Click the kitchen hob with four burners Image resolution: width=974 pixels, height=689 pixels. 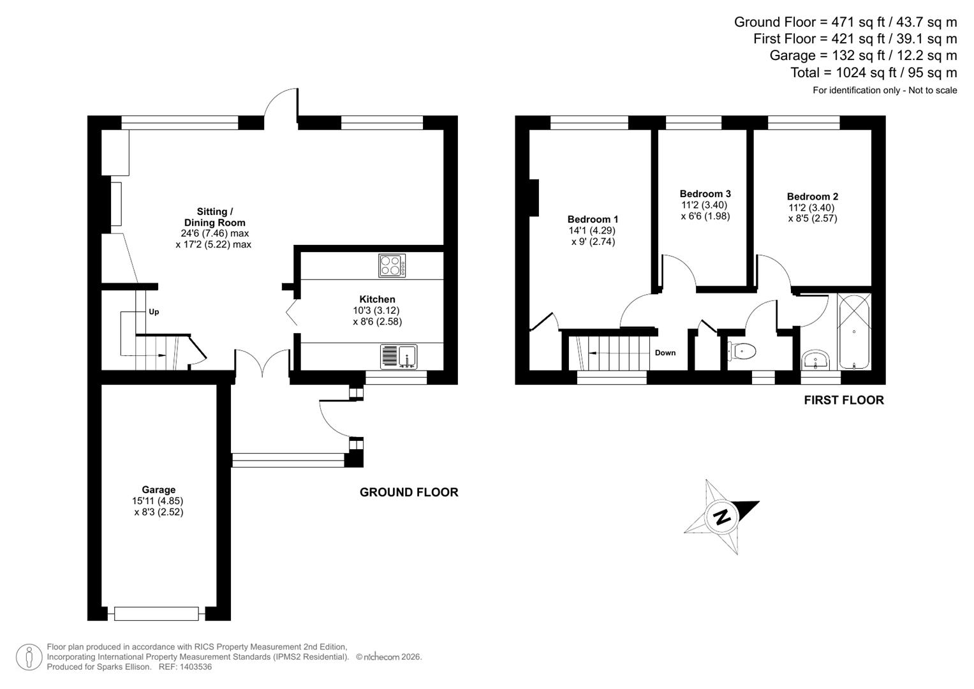pos(392,265)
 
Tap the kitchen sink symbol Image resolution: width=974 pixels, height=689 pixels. pos(399,357)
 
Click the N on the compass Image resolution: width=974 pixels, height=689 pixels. pos(722,516)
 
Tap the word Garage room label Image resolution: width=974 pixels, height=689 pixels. pos(158,490)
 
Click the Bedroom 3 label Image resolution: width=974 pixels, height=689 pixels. pos(705,194)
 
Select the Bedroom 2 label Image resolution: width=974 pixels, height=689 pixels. pos(812,197)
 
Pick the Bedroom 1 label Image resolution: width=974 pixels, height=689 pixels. pos(593,219)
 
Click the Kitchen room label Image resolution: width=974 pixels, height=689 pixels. pos(377,299)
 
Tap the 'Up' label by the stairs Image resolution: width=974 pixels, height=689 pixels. pos(154,312)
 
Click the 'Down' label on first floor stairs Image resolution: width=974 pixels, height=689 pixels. pos(665,353)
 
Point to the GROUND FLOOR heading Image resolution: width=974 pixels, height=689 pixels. pos(409,493)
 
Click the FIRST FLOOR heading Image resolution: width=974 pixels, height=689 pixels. pos(843,401)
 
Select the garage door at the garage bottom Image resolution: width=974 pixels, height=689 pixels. pos(156,614)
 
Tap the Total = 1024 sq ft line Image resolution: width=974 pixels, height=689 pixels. pos(873,73)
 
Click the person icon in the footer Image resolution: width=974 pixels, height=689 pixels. pos(29,657)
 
